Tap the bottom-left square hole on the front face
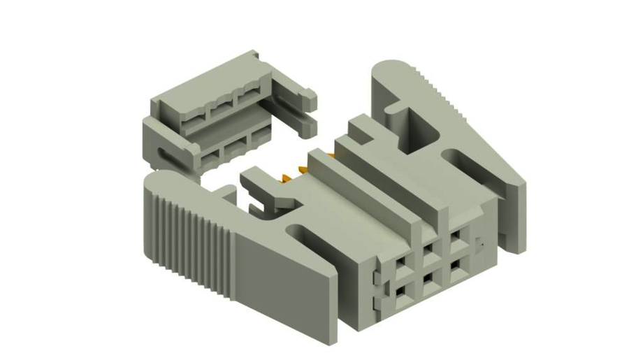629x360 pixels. [x=402, y=290]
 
